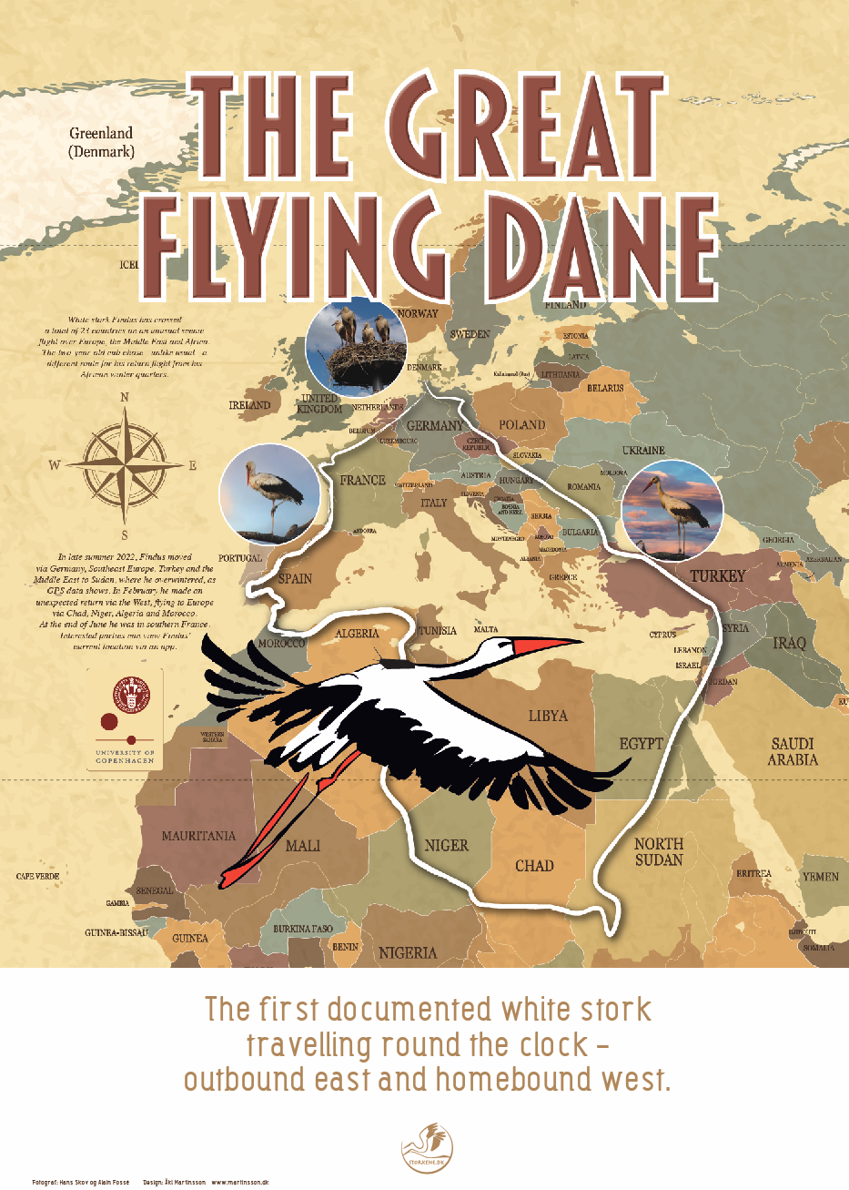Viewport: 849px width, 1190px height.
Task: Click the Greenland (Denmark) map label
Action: tap(101, 142)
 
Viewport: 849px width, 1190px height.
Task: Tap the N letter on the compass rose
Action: tap(125, 397)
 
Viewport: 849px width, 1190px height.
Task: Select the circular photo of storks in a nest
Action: tap(356, 343)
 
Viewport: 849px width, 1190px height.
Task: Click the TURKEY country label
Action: tap(717, 576)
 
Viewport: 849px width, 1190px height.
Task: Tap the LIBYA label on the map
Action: tap(548, 716)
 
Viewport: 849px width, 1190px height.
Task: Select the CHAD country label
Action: tap(534, 866)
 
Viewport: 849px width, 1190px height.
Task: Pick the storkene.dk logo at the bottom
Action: tap(426, 1147)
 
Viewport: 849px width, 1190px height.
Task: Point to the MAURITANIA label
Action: tap(198, 836)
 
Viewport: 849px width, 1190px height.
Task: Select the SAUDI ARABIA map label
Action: tap(792, 751)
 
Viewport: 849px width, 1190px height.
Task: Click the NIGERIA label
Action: tap(408, 953)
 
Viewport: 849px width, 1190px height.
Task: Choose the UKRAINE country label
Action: tap(643, 451)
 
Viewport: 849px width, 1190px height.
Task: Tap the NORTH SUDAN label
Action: tap(659, 852)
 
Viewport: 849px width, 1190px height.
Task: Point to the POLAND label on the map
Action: tap(522, 425)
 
